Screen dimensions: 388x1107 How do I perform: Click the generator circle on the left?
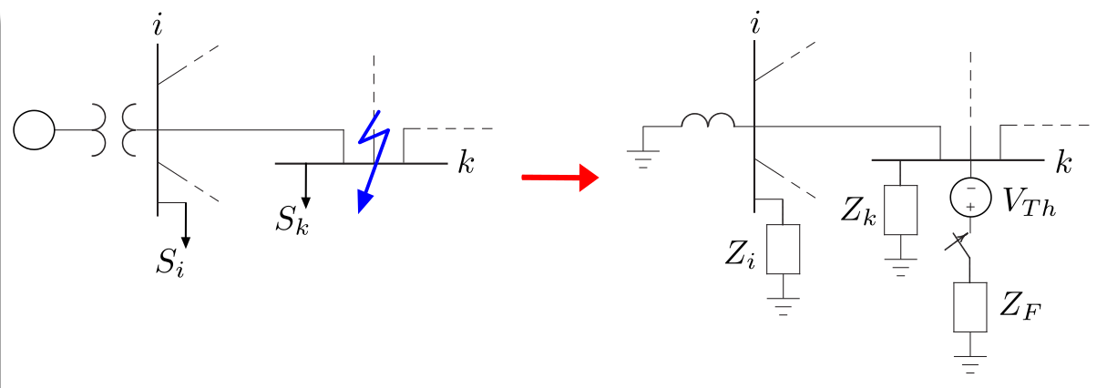point(34,130)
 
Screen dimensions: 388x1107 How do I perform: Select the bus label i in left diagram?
point(159,26)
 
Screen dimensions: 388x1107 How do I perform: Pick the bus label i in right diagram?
point(755,26)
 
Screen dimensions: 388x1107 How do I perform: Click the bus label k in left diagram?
point(466,165)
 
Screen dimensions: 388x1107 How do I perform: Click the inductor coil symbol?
point(708,121)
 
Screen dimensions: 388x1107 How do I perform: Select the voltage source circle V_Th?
point(970,196)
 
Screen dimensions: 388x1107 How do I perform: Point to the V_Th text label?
point(1030,201)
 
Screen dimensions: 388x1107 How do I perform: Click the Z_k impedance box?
point(900,209)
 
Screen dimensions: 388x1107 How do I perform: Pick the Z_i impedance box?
point(783,249)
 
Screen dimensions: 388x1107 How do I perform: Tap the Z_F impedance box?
point(970,306)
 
